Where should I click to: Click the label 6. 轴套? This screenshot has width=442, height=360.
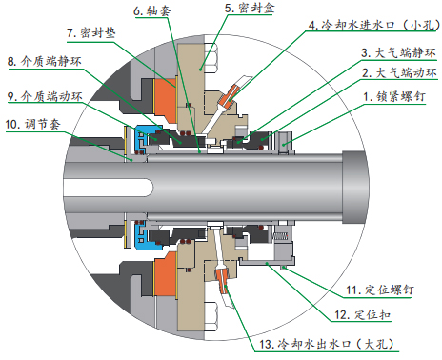coord(152,10)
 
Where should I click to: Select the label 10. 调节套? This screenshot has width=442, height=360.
coord(38,125)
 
